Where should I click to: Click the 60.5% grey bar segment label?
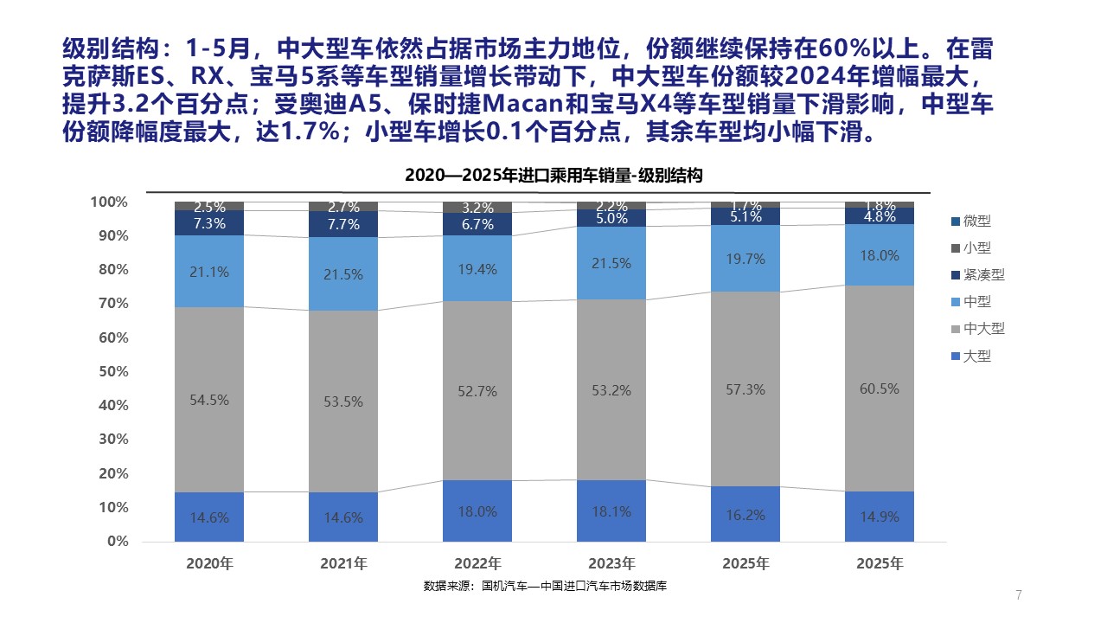(879, 389)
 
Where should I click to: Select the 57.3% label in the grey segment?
(745, 390)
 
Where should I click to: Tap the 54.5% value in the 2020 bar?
(209, 401)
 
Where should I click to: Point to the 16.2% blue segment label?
(745, 515)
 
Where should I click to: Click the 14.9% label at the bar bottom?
(879, 517)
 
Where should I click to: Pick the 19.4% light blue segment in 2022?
(477, 270)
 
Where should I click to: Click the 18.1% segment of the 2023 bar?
(611, 512)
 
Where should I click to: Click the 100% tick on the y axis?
(108, 202)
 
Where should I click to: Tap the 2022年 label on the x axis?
(477, 563)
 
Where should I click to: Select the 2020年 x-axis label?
(209, 563)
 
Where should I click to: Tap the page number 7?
(1018, 594)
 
